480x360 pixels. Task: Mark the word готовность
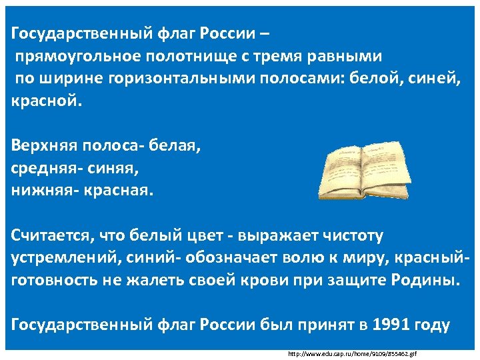[x=57, y=280]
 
